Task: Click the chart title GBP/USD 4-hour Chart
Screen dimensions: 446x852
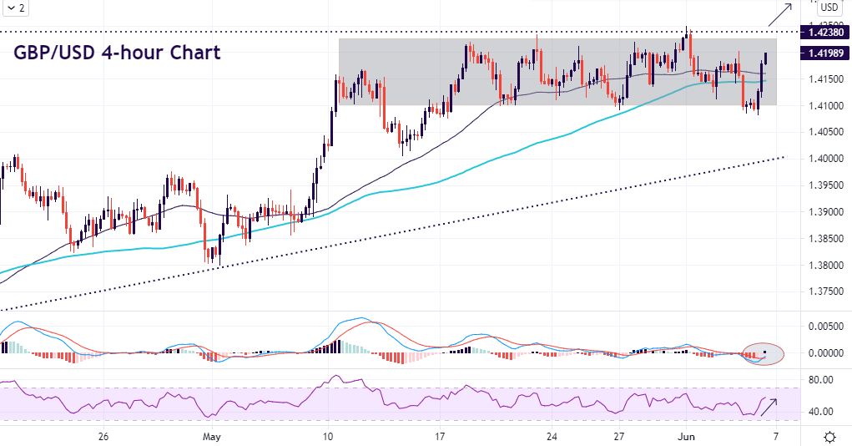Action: click(x=118, y=53)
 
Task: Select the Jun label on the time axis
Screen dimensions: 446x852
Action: click(x=687, y=437)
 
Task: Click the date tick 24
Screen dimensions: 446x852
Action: click(x=551, y=437)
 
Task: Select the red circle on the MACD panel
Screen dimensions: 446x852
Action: click(x=763, y=354)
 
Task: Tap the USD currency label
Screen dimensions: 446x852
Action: click(x=829, y=8)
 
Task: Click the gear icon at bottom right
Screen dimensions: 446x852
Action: click(x=830, y=437)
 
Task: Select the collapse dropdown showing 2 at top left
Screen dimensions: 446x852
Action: click(x=15, y=8)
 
